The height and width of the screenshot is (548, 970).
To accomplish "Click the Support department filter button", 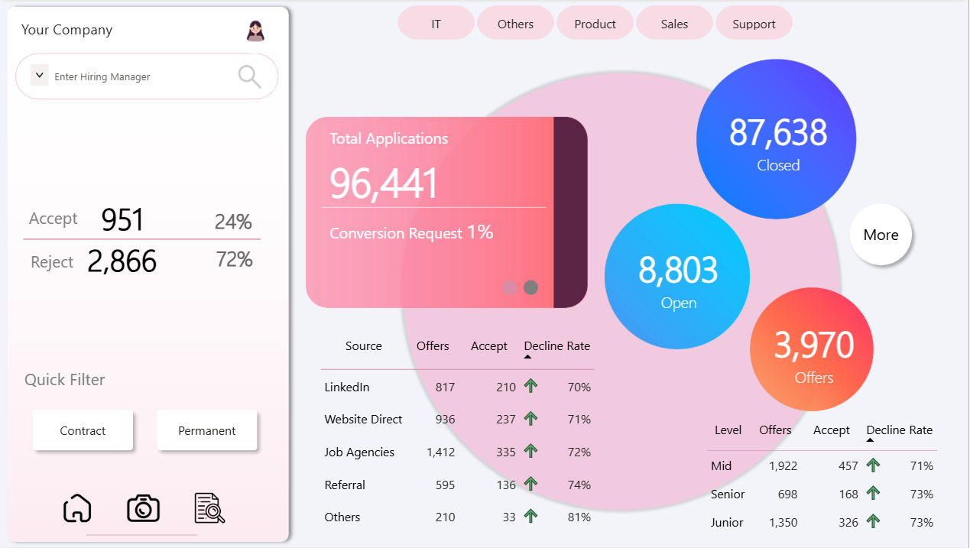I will pyautogui.click(x=754, y=24).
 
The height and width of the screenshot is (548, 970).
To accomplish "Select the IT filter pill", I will pyautogui.click(x=436, y=24).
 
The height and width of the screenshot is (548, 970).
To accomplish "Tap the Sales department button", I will pyautogui.click(x=674, y=24).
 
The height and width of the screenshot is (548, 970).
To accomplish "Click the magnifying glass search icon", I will pyautogui.click(x=249, y=76).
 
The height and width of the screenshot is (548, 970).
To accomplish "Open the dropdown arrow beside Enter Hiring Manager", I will pyautogui.click(x=40, y=76).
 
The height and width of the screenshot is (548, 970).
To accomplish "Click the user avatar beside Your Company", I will pyautogui.click(x=255, y=31).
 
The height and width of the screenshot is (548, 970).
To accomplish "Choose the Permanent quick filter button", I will pyautogui.click(x=207, y=431).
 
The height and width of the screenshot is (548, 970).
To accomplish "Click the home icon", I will pyautogui.click(x=77, y=508).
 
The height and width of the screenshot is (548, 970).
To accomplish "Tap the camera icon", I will pyautogui.click(x=143, y=508).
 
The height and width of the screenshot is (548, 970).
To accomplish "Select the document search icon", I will pyautogui.click(x=209, y=508).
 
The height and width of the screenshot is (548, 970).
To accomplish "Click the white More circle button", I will pyautogui.click(x=881, y=235).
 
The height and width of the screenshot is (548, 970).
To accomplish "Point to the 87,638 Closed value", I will pyautogui.click(x=777, y=133).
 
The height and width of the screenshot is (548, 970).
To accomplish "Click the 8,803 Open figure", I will pyautogui.click(x=678, y=271).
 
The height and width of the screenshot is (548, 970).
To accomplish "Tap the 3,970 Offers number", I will pyautogui.click(x=813, y=345).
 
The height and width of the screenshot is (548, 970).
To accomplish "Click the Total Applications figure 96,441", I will pyautogui.click(x=384, y=183).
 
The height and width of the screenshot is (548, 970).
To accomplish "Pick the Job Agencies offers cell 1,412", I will pyautogui.click(x=440, y=452).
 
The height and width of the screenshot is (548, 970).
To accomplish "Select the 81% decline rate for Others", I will pyautogui.click(x=579, y=517).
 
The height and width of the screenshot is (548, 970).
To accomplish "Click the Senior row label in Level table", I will pyautogui.click(x=728, y=494).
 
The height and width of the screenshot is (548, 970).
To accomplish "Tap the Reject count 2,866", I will pyautogui.click(x=122, y=262).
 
